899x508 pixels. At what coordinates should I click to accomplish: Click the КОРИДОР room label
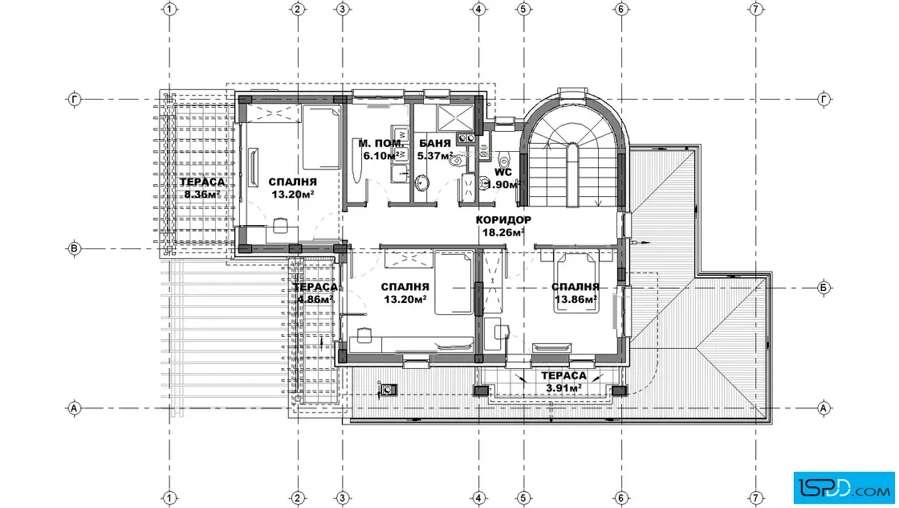(x=503, y=220)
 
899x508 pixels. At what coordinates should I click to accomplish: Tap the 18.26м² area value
(x=503, y=232)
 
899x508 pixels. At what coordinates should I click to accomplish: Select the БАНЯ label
(x=434, y=144)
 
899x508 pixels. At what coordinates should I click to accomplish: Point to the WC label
(x=503, y=172)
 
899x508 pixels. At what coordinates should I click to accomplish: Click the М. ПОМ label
(x=380, y=144)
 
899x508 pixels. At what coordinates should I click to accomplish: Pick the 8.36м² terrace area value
(x=201, y=195)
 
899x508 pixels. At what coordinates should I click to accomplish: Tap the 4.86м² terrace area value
(x=315, y=300)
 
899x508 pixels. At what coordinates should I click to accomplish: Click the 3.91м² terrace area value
(x=563, y=388)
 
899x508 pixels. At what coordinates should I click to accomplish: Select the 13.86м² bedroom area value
(x=576, y=299)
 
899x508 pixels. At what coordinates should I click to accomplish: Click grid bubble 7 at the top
(x=756, y=9)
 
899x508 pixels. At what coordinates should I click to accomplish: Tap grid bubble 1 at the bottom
(x=169, y=498)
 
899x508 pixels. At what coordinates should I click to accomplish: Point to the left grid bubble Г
(x=75, y=100)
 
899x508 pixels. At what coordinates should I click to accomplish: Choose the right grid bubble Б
(x=824, y=288)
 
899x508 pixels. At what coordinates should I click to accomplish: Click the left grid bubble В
(x=74, y=249)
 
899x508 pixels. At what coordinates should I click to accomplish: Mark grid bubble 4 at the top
(x=478, y=9)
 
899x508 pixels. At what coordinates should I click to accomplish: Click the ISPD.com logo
(x=844, y=489)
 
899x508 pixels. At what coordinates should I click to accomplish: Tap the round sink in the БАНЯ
(x=422, y=182)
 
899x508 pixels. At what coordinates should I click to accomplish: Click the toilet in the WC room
(x=503, y=159)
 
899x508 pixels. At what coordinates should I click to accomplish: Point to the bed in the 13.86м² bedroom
(x=576, y=283)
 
